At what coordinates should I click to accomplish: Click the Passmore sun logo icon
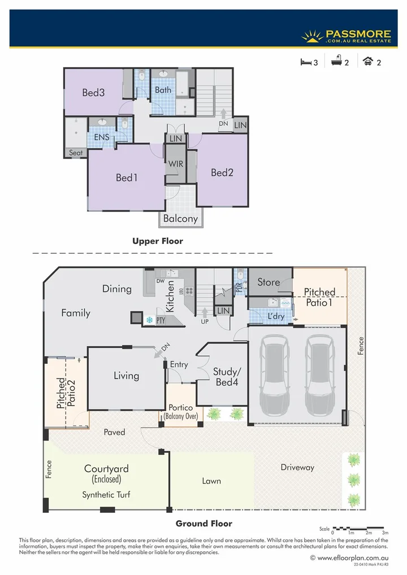tap(311, 36)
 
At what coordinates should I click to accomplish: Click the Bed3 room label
tap(93, 93)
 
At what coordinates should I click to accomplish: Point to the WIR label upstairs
tap(175, 164)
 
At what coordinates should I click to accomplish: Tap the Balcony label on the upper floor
tap(180, 219)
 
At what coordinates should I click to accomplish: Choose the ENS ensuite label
tap(101, 137)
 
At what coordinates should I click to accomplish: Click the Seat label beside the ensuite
tap(76, 153)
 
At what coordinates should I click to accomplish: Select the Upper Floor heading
tap(158, 241)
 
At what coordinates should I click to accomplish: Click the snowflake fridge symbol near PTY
tap(150, 320)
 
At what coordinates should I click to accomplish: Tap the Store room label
tap(269, 282)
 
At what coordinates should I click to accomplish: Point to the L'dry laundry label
tap(276, 316)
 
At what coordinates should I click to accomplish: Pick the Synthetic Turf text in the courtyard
tap(106, 495)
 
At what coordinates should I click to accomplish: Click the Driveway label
tap(297, 467)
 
